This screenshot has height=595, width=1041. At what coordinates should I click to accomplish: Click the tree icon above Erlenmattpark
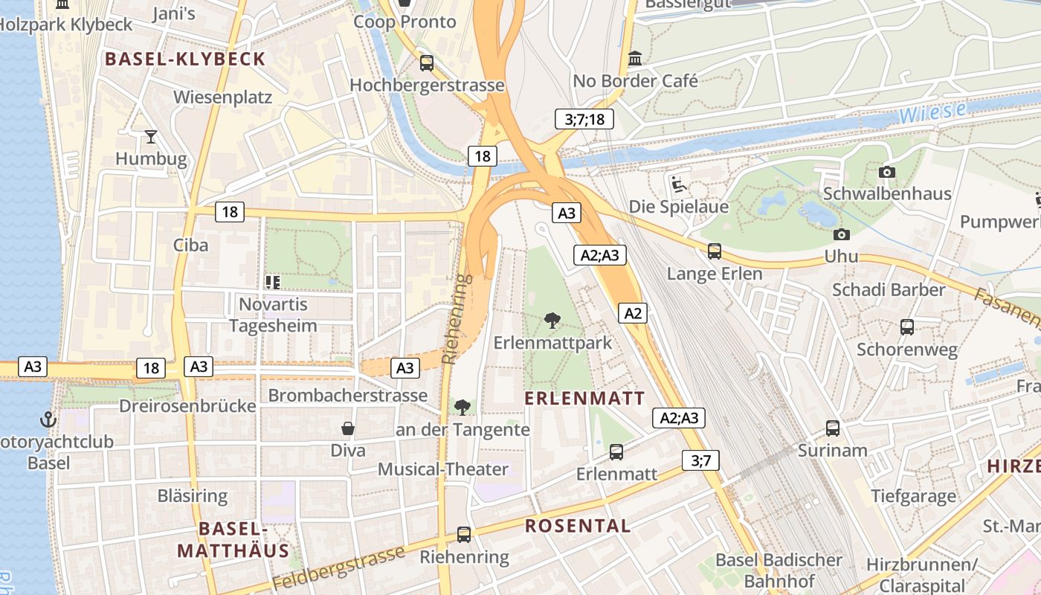[552, 321]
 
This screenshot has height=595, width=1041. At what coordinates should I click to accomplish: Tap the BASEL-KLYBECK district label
[185, 59]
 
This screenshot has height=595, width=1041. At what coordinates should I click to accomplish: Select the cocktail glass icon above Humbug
[151, 137]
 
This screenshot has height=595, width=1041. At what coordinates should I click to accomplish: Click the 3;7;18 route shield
[584, 119]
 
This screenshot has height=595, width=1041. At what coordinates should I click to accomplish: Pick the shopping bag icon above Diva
[347, 428]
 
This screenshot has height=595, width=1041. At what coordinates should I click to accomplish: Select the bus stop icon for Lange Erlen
[714, 251]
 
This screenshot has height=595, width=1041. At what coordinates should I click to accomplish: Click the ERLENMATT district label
[584, 398]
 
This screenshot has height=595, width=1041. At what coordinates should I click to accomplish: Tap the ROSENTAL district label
[578, 526]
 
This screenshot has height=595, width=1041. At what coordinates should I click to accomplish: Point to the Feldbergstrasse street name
[339, 567]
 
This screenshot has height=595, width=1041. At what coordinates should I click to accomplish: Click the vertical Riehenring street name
[457, 319]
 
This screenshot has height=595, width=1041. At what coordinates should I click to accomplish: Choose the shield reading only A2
[632, 313]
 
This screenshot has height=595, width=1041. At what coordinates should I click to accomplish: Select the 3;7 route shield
[700, 460]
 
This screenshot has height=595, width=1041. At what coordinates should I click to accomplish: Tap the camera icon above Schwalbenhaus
[886, 172]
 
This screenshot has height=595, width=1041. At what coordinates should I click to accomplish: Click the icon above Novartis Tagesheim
[272, 282]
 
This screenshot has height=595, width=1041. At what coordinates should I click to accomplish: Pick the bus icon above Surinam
[832, 428]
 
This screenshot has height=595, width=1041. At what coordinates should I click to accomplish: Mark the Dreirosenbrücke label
[187, 406]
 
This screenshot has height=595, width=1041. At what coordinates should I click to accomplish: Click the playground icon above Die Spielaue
[677, 184]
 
